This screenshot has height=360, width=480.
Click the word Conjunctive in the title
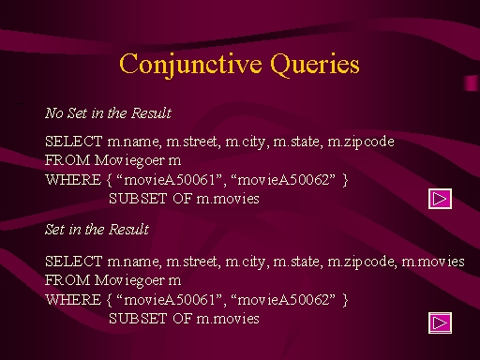click(190, 65)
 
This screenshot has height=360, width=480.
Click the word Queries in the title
click(315, 65)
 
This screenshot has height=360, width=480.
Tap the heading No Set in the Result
click(108, 112)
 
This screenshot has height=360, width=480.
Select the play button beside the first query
click(440, 199)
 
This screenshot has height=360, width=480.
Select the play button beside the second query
click(440, 322)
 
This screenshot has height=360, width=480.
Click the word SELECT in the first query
click(74, 142)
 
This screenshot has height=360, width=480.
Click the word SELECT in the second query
click(74, 262)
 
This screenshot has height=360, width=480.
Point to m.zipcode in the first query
click(361, 142)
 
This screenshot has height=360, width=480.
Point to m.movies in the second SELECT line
click(433, 262)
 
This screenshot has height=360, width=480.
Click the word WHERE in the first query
click(73, 180)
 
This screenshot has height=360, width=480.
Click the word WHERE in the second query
click(73, 300)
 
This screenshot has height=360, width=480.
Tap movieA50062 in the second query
click(283, 300)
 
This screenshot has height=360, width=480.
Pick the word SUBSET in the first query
click(138, 199)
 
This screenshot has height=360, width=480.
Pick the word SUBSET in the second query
click(138, 319)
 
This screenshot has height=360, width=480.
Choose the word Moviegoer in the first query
click(129, 161)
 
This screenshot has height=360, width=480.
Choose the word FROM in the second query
click(67, 280)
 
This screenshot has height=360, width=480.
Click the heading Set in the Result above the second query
click(97, 229)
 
